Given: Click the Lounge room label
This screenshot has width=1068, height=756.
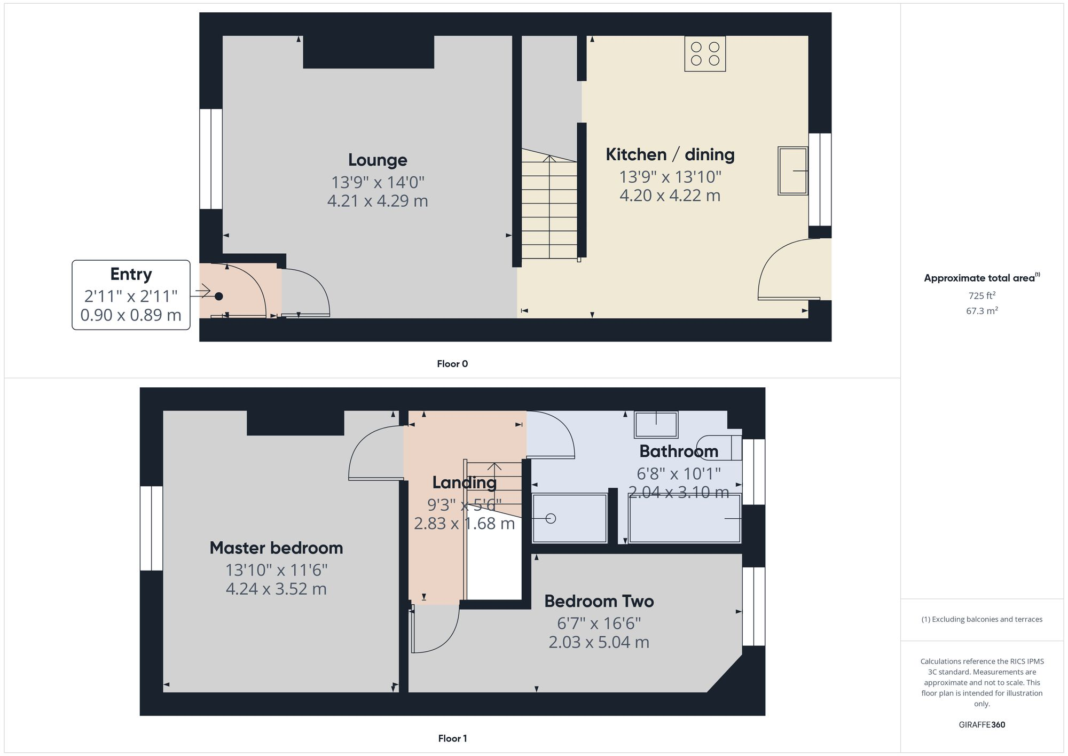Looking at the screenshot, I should (378, 160).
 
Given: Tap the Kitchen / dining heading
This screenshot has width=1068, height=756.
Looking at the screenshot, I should (670, 154).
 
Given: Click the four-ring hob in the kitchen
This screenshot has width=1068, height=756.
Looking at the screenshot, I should (705, 54).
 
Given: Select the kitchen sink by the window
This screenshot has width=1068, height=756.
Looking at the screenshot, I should (792, 170).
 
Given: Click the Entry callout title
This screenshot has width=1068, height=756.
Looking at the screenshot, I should (131, 274).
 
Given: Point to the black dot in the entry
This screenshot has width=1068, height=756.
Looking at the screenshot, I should (218, 296).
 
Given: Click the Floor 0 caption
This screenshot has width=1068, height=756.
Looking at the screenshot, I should (452, 364).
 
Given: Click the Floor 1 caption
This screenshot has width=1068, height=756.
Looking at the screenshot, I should (452, 738).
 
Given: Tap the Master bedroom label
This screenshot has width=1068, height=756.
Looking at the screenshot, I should (276, 548).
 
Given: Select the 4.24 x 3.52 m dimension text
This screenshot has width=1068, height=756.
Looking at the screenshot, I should (276, 589).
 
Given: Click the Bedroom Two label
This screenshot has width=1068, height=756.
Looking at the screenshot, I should (599, 601).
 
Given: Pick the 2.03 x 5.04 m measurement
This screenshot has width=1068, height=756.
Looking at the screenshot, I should (599, 642).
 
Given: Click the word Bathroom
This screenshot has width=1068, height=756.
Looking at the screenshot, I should (678, 451).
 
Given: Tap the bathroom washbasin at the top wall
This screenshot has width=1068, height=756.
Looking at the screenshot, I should (656, 425).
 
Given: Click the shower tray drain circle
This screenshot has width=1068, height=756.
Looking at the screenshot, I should (551, 518).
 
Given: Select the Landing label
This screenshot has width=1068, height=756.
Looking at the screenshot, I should (464, 482).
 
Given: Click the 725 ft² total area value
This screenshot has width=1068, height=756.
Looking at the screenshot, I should (981, 295).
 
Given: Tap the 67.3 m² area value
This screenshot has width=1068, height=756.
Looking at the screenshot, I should (981, 310).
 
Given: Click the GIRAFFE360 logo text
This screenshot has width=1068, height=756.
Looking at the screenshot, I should (981, 724).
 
